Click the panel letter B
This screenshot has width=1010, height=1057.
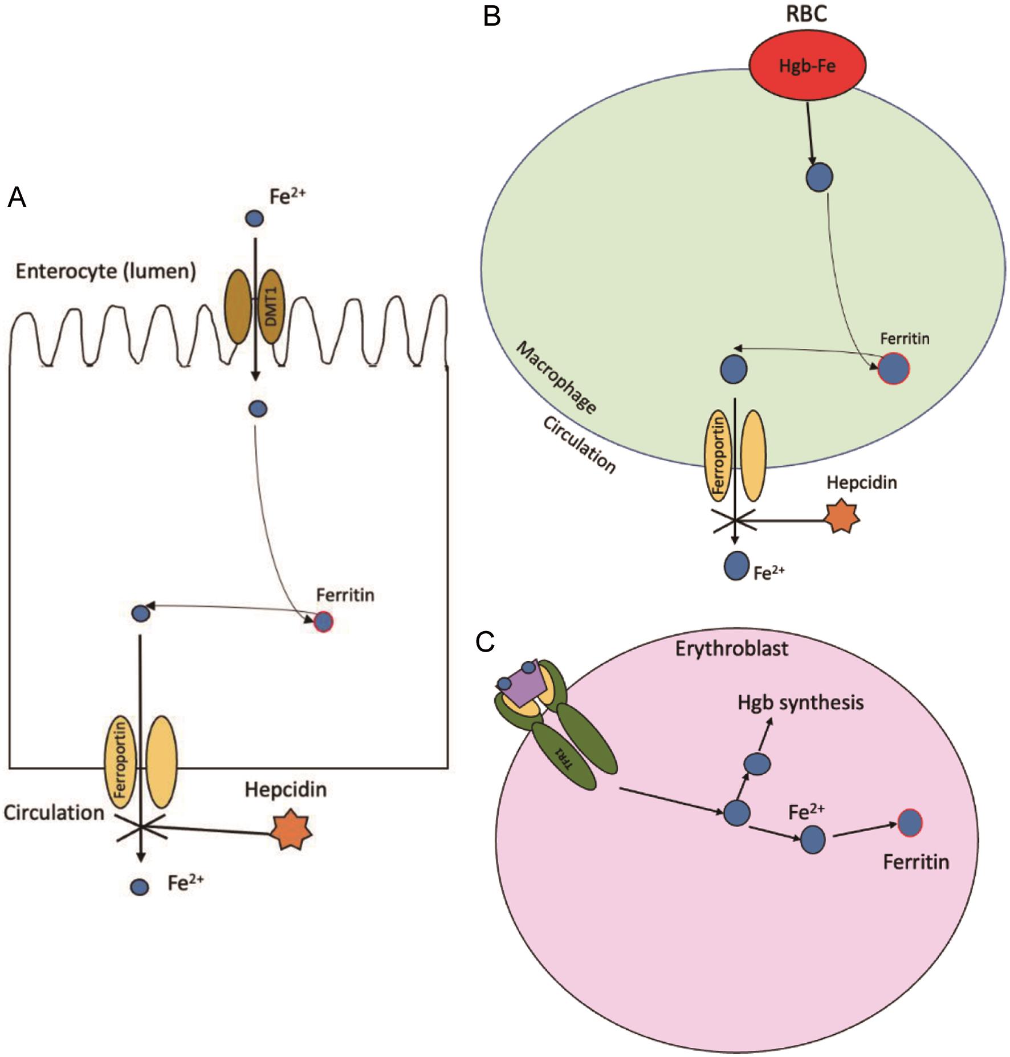(x=492, y=17)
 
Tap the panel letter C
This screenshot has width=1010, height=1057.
(x=485, y=642)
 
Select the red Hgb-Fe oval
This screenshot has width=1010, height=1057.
(x=807, y=66)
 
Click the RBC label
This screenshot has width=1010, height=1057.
(x=807, y=14)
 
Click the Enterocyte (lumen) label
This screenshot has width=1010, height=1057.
(x=105, y=272)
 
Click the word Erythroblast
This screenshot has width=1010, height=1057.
(x=732, y=648)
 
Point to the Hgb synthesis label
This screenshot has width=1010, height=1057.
(x=800, y=702)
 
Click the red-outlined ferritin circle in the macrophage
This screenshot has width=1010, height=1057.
(x=893, y=369)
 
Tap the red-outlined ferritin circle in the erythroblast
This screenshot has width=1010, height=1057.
(x=910, y=822)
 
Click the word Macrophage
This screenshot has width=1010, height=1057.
(x=556, y=378)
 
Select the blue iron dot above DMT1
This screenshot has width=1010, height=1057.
(x=254, y=218)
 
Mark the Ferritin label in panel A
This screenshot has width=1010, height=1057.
(x=345, y=595)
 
